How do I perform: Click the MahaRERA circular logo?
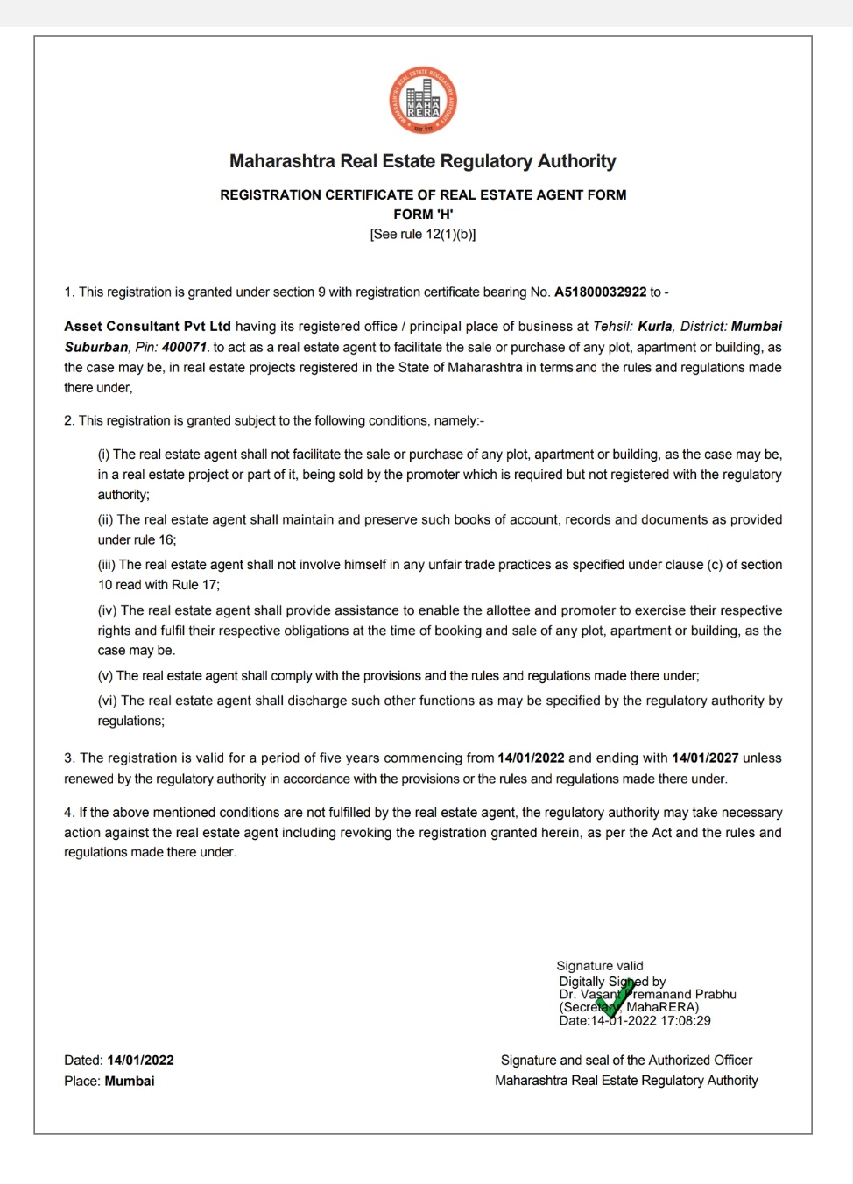point(423,101)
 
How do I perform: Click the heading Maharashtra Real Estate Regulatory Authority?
point(422,161)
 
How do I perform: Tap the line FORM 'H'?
point(423,215)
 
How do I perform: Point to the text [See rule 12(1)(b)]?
point(423,235)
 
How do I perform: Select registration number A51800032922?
point(600,292)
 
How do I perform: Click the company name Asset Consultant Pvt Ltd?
point(147,327)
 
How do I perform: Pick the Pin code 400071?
point(184,348)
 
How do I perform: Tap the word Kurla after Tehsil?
point(655,327)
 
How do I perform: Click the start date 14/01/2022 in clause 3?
point(531,758)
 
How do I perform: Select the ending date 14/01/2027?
point(705,758)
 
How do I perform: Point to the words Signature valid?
point(600,966)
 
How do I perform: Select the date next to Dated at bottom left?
point(140,1061)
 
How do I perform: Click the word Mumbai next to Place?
point(130,1082)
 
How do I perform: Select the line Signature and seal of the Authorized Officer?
point(626,1061)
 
